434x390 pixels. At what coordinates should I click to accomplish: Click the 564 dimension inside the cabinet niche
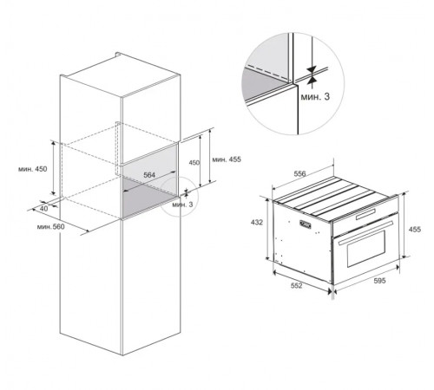tap(149, 175)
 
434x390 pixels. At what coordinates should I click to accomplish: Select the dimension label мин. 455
tap(227, 159)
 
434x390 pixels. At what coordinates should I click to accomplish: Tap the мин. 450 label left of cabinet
tap(32, 169)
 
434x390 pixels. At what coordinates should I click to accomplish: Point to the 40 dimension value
tap(43, 208)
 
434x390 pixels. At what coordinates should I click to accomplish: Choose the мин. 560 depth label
tap(51, 227)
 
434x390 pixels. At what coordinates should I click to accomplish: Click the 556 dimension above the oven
tap(299, 173)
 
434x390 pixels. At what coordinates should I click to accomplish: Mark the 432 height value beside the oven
tap(257, 222)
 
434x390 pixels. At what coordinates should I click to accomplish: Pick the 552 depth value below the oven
tap(296, 285)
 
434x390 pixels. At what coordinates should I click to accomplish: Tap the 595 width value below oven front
tap(379, 281)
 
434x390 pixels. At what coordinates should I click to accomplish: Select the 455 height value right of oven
tap(415, 230)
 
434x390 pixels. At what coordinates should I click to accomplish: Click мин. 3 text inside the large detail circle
tap(315, 97)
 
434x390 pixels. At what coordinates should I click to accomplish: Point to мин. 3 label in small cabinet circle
tap(182, 205)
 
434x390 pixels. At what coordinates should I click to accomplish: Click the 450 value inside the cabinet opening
tap(194, 163)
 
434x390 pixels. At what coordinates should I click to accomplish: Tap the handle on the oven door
tap(365, 232)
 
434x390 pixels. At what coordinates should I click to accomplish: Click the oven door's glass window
tap(366, 248)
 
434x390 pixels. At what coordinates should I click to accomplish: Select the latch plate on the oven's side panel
tap(306, 224)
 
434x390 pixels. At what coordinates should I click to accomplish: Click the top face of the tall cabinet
tap(120, 75)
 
